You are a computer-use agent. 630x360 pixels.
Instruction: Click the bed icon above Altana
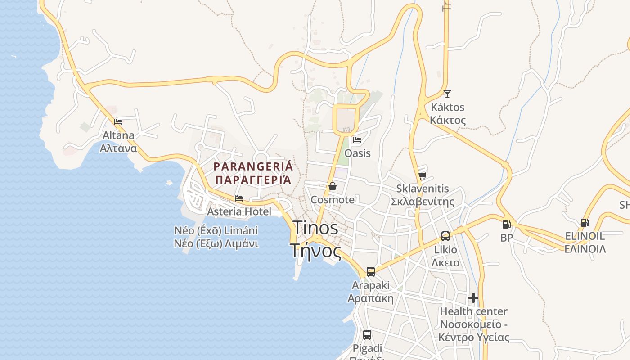click(118, 121)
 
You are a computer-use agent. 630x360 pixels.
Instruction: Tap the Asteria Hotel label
click(239, 211)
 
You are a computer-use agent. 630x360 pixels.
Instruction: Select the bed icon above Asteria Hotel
click(239, 198)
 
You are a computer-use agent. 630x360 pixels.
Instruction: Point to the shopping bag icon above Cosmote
click(333, 186)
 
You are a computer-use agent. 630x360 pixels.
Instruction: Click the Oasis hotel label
click(358, 153)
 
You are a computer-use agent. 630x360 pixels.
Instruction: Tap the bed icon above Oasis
click(357, 139)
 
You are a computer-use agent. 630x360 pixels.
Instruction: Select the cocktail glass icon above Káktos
click(447, 94)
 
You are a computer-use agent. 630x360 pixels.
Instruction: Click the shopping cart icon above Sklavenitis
click(422, 175)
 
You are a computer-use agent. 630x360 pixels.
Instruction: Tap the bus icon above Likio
click(445, 236)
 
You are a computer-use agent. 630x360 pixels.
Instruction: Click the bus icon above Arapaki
click(371, 272)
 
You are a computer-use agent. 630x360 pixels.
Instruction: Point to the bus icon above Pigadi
click(367, 335)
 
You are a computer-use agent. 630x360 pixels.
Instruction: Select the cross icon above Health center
click(473, 297)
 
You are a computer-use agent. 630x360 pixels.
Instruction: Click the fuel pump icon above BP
click(507, 224)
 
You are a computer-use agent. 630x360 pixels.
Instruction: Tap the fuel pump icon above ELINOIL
click(585, 222)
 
